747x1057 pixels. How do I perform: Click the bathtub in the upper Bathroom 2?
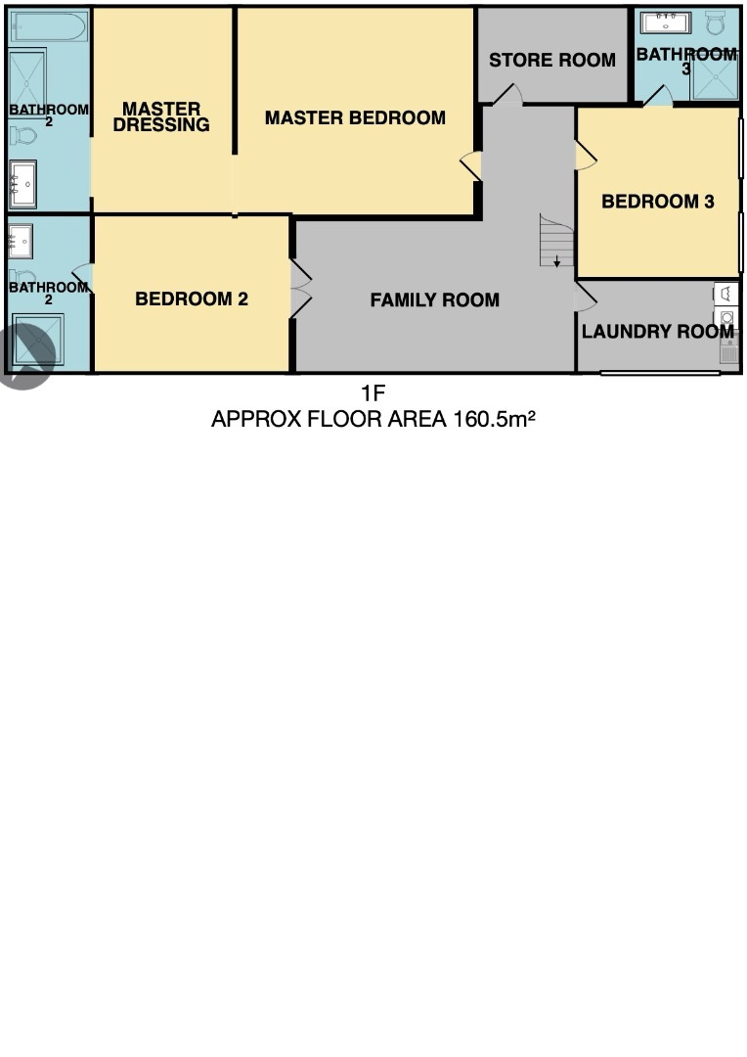[x=49, y=27]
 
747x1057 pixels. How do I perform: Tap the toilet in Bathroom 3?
[x=716, y=23]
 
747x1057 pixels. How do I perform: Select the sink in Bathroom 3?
[x=666, y=23]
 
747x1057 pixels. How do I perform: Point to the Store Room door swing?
[x=507, y=95]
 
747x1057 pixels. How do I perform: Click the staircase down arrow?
[x=557, y=260]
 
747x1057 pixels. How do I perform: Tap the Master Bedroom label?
[x=355, y=118]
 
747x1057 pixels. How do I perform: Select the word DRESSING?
[x=161, y=124]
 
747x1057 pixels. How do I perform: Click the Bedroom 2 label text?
[x=192, y=299]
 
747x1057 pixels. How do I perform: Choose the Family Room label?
[x=434, y=300]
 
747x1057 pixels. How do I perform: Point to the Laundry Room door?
[x=586, y=298]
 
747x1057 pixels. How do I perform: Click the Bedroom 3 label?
[x=657, y=202]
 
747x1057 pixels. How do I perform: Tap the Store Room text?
[x=552, y=60]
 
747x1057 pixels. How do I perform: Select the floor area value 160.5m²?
[x=494, y=419]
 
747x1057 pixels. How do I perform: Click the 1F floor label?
[x=373, y=392]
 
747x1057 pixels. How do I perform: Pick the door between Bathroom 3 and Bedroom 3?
[x=658, y=96]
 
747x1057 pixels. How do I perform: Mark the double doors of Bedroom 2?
[x=300, y=289]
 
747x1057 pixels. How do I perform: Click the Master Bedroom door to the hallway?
[x=471, y=165]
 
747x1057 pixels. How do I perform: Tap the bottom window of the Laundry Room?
[x=660, y=372]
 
